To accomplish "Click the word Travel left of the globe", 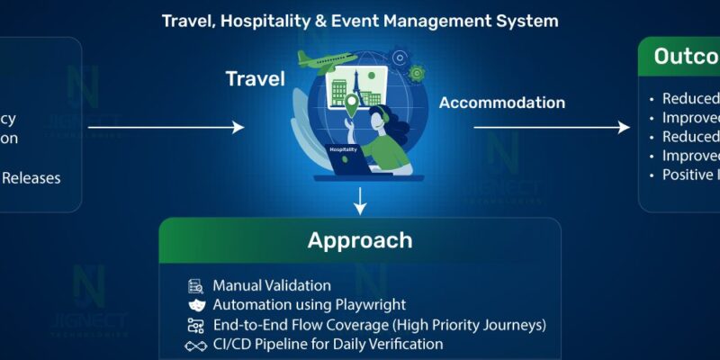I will coord(255,79).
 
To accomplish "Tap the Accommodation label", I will coord(502,103).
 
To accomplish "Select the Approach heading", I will coord(360,240).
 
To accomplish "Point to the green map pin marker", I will coord(352,107).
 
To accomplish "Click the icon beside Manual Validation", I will coord(195,286).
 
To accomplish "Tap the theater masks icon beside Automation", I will coord(195,306).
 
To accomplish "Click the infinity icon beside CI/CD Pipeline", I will coord(195,345).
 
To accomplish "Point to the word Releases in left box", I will coord(31,177).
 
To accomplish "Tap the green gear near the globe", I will coord(416,73).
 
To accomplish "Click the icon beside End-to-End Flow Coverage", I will coord(195,325).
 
